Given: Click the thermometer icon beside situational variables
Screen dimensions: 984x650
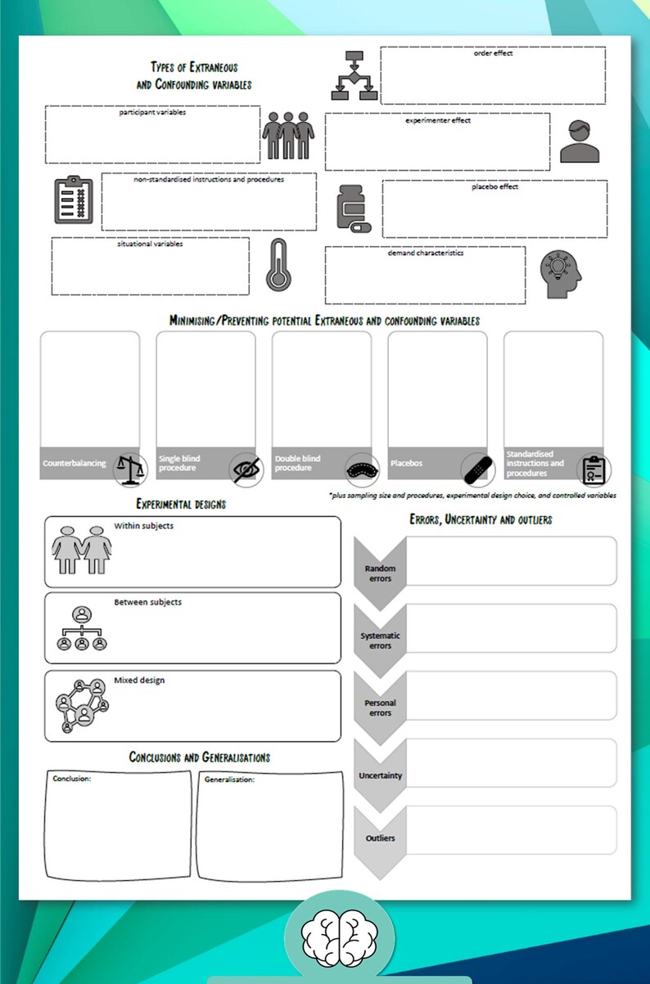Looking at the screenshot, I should click(278, 265).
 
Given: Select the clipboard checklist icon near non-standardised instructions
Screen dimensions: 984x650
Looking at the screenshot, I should click(74, 200).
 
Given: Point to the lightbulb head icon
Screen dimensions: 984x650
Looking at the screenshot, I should click(561, 273).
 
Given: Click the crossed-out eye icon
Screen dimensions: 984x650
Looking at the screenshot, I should click(246, 470).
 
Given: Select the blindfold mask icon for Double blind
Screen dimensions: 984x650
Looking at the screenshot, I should click(361, 470).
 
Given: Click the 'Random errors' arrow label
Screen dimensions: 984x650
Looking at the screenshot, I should click(380, 573).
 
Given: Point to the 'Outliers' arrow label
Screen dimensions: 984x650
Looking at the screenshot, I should click(380, 838).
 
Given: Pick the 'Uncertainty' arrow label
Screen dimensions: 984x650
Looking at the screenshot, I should click(380, 775).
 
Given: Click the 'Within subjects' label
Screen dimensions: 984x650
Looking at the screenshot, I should click(143, 526).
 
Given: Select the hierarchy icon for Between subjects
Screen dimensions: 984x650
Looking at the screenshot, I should click(82, 628).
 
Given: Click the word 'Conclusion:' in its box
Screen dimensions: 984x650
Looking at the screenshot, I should click(72, 779).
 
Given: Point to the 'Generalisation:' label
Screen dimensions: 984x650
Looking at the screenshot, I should click(229, 780).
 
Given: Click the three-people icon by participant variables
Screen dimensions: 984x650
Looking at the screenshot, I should click(288, 136).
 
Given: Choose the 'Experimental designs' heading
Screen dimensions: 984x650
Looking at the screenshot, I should click(181, 504).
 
